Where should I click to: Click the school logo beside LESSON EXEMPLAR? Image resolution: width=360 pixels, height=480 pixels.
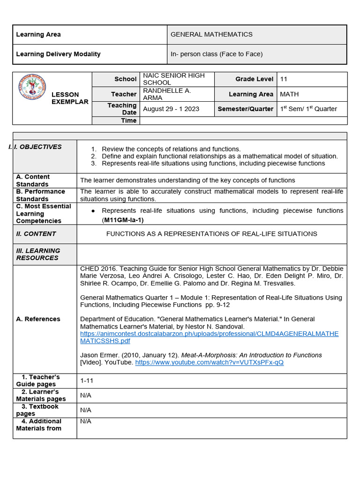pos(32,87)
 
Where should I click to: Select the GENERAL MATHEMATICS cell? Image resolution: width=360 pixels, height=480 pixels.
pos(211,35)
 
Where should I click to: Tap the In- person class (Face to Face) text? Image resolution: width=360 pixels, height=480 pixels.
pos(217,54)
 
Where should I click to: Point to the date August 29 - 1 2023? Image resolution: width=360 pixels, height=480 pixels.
pos(171,109)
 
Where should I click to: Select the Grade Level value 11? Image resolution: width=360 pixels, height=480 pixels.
pos(284,79)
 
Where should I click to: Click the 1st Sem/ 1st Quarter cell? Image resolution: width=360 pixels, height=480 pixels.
pos(308,109)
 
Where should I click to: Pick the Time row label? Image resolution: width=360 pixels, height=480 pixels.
pos(128,120)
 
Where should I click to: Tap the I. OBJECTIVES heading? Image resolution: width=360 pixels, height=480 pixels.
pos(37,147)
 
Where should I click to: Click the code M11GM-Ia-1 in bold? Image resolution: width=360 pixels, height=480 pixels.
pos(123,220)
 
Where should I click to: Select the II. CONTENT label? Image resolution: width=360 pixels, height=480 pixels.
pos(36,234)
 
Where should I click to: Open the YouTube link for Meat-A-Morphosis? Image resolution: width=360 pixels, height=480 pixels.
pos(209,362)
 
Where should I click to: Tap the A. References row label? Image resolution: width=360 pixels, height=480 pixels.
pos(38,319)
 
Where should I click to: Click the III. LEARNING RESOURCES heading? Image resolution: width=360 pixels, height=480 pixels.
pos(38,254)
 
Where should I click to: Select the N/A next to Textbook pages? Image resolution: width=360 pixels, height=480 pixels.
pos(86,410)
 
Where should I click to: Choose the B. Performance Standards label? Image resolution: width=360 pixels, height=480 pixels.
pos(40,195)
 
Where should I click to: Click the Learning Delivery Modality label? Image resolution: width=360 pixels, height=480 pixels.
pos(58,54)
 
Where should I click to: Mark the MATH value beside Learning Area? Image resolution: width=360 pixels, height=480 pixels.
pos(289,94)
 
